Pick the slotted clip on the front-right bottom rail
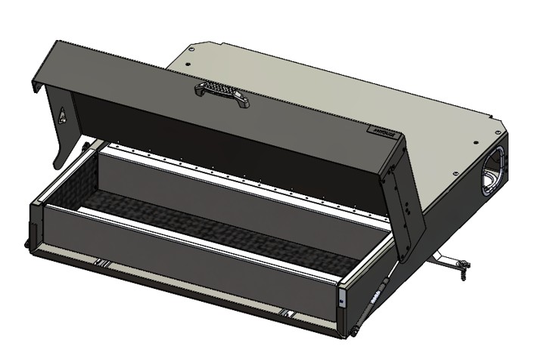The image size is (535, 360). (x=288, y=312)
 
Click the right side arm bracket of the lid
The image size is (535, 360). (x=406, y=200)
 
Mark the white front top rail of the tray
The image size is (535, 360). (x=189, y=234)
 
